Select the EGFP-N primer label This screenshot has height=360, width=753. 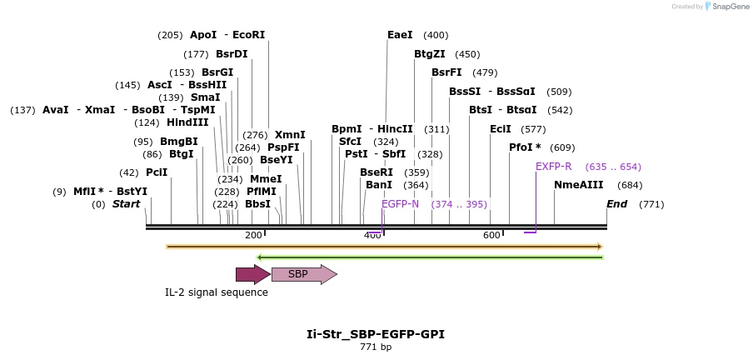[400, 204]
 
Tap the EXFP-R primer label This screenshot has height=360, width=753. [553, 167]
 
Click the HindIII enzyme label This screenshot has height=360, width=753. [187, 122]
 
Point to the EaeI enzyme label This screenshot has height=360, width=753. [400, 35]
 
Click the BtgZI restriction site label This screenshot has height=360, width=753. [429, 54]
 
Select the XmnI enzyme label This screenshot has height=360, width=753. [290, 135]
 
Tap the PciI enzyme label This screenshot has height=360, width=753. [157, 172]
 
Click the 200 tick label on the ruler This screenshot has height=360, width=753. [253, 236]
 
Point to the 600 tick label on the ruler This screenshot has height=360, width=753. [491, 236]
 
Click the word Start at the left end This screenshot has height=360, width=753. [126, 204]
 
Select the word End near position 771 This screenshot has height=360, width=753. [616, 204]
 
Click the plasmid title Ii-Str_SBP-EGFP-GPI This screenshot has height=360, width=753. [376, 334]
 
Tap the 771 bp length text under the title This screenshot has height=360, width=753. [376, 347]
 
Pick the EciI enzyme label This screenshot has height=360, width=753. [501, 129]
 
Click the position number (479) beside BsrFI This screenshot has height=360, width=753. [485, 72]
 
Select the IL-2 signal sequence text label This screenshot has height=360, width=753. [217, 292]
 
